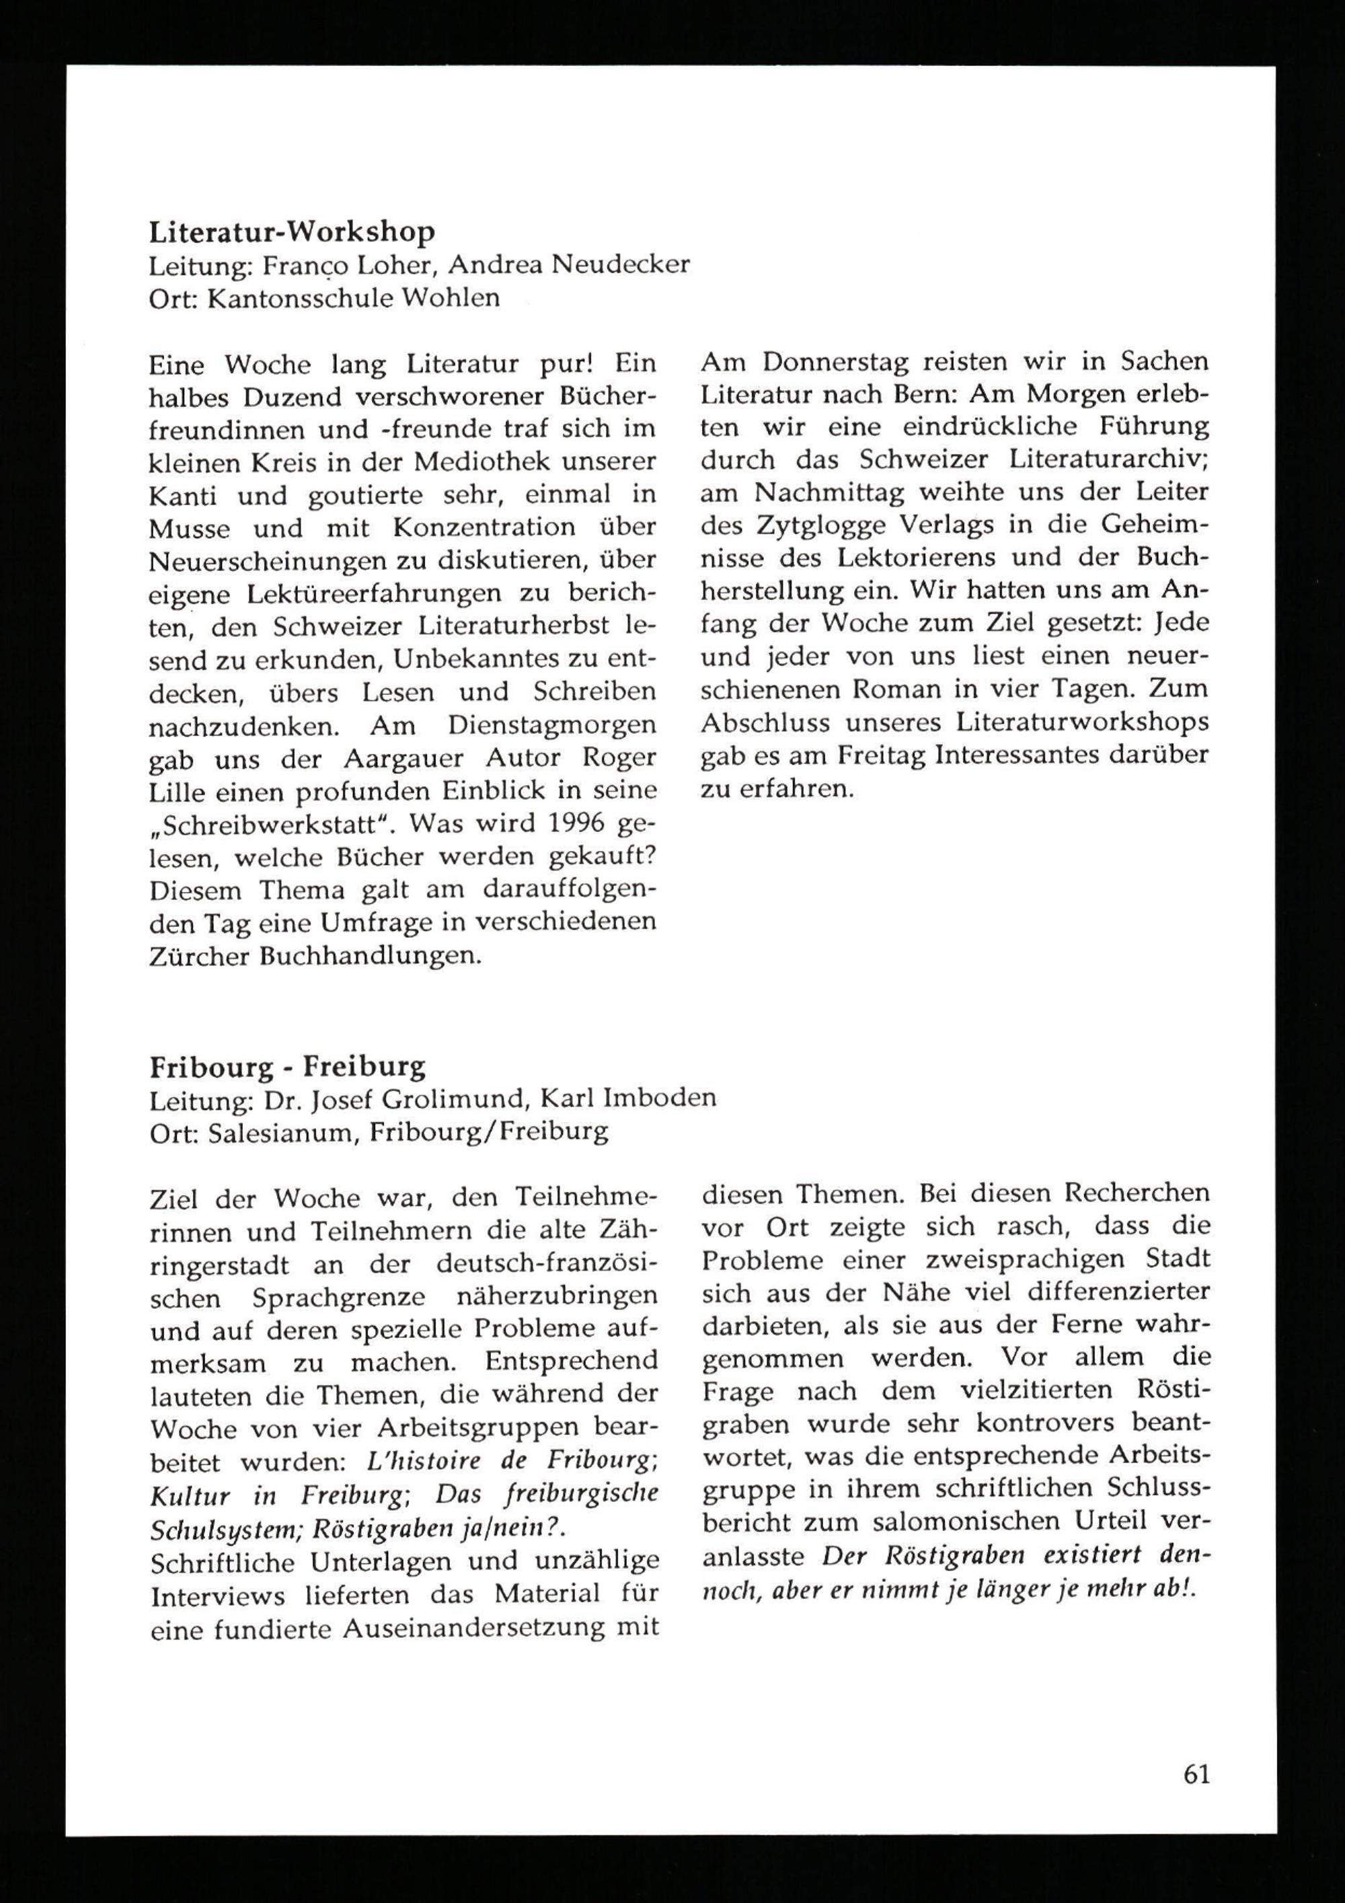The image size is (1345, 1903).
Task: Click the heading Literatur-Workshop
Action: tap(292, 232)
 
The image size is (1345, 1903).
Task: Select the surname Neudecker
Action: tap(620, 264)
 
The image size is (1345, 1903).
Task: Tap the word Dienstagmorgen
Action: tap(552, 725)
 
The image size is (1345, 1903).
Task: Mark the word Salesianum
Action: tap(282, 1132)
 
